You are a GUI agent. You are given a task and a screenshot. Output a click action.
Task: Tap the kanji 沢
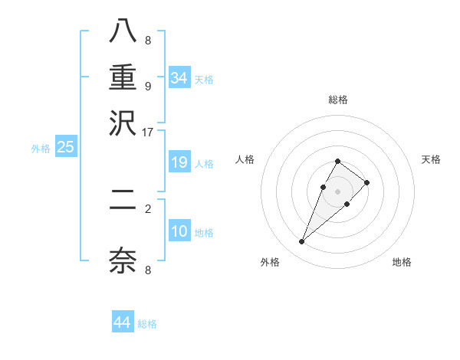click(x=123, y=123)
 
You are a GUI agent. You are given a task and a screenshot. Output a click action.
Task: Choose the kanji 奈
click(x=123, y=260)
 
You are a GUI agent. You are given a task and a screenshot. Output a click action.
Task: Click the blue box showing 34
click(x=179, y=77)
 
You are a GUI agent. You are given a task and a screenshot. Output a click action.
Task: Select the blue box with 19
click(x=179, y=162)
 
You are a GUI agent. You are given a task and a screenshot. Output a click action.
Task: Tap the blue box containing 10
click(x=179, y=231)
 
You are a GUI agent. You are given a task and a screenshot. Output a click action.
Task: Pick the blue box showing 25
click(x=65, y=147)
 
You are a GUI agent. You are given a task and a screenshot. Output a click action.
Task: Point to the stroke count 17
click(x=148, y=132)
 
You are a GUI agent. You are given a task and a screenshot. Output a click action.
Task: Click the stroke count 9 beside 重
click(x=148, y=85)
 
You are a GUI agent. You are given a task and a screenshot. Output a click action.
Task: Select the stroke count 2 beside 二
click(x=148, y=208)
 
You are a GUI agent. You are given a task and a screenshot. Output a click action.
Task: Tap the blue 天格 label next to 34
click(x=204, y=80)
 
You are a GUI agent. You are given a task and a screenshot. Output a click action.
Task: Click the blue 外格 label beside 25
click(x=41, y=149)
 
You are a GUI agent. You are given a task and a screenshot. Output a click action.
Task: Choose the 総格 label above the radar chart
click(x=337, y=100)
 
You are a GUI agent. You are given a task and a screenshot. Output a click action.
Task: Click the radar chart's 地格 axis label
click(x=402, y=263)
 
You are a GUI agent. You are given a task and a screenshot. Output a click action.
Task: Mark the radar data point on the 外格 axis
click(x=302, y=242)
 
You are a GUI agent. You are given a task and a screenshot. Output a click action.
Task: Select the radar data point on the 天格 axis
click(x=367, y=182)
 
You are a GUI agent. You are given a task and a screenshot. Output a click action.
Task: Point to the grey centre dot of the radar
click(x=337, y=191)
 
